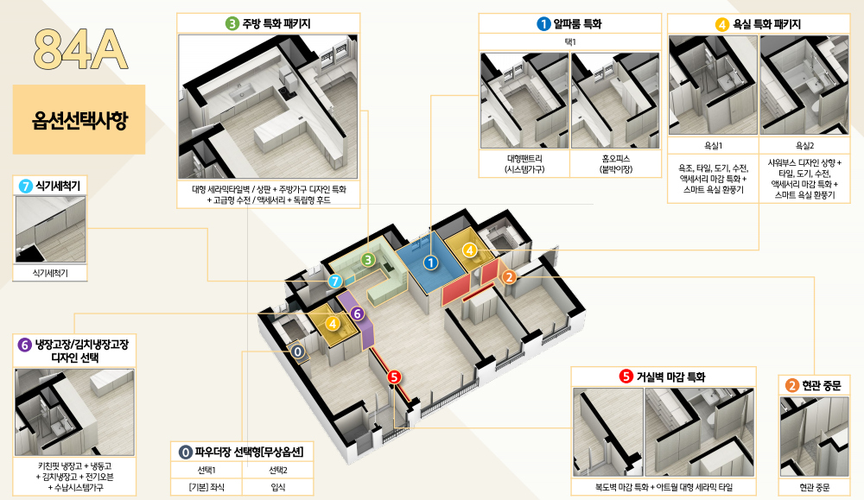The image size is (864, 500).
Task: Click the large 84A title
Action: [x=80, y=49]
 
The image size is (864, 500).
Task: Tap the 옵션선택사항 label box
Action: [x=79, y=119]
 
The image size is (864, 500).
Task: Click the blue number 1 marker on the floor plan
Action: [x=430, y=263]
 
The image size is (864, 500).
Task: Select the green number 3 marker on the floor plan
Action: [x=368, y=259]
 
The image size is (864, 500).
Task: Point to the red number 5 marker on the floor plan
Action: [x=394, y=377]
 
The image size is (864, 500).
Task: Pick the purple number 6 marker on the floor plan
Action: [x=357, y=313]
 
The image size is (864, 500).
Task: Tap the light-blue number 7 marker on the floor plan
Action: [x=334, y=282]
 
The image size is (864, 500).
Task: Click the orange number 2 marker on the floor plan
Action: [x=509, y=277]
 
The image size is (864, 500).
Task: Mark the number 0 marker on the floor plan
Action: [x=297, y=351]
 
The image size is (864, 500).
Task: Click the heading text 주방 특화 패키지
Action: [x=276, y=23]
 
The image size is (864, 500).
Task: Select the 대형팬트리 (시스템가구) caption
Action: [x=524, y=164]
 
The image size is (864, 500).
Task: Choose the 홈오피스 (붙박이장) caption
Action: [x=615, y=164]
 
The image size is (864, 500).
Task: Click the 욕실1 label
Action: [x=713, y=146]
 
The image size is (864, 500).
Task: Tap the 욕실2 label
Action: [x=804, y=146]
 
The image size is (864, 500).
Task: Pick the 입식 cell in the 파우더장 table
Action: [x=277, y=487]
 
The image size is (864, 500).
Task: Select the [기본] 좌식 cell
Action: [x=206, y=487]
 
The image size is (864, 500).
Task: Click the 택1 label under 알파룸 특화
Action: [x=570, y=41]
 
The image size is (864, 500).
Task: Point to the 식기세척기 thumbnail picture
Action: [x=50, y=229]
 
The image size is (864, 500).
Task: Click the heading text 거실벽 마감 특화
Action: [x=670, y=377]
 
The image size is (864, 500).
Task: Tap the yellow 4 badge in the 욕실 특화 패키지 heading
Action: [x=721, y=24]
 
